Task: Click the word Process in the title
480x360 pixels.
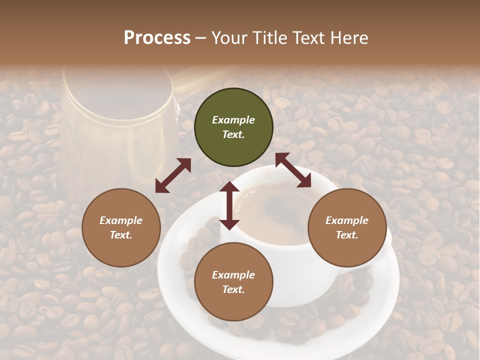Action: point(157,38)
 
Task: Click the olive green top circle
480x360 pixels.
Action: point(233,127)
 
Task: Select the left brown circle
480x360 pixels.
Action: point(121,227)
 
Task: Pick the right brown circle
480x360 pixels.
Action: point(347,227)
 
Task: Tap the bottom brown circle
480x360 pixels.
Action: point(233,282)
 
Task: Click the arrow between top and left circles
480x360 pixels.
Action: point(173,175)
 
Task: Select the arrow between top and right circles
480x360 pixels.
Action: point(293,170)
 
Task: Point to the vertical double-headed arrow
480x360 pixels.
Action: point(229,205)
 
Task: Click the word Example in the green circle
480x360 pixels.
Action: point(233,120)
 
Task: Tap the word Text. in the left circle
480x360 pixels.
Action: point(121,235)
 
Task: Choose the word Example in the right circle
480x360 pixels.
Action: point(347,220)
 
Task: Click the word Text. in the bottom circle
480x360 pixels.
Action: point(233,289)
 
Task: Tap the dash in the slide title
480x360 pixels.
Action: point(201,38)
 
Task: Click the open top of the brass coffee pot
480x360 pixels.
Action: point(117,97)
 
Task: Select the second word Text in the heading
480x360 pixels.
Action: point(307,38)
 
